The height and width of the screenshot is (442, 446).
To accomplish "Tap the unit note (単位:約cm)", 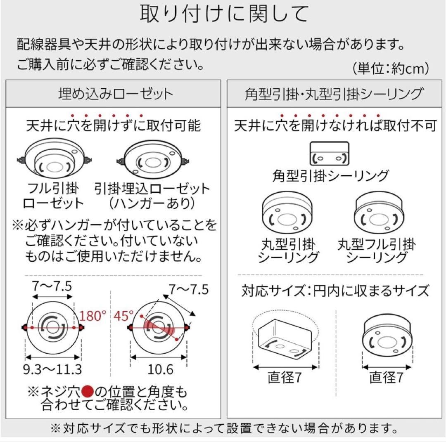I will pos(391,68).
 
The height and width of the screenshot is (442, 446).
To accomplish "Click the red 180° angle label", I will pos(94,316).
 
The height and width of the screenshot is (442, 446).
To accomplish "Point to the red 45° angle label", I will pos(125,316).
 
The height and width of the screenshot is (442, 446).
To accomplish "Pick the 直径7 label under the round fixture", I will pos(386,377).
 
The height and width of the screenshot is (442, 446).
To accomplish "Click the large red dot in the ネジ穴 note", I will pos(88,391).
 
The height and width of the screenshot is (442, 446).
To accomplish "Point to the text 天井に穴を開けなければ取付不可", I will pos(335,125).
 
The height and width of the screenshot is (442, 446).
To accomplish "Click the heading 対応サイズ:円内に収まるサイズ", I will pos(335,291).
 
